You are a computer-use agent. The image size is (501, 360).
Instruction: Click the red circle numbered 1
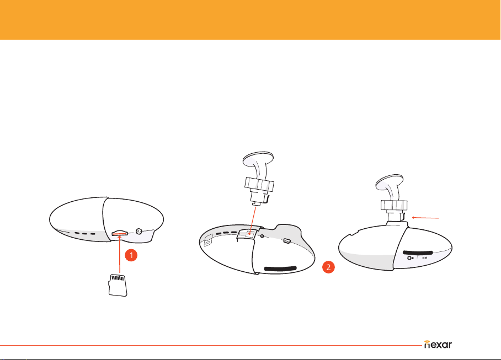131,255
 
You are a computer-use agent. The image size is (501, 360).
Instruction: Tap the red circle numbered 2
328,267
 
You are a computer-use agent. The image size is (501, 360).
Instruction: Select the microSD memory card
118,285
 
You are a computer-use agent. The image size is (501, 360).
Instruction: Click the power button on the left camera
139,231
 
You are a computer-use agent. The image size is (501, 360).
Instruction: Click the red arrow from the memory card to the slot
120,254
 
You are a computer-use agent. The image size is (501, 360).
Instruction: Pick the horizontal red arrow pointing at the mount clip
425,218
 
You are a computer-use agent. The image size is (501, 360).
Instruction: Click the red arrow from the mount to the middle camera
253,221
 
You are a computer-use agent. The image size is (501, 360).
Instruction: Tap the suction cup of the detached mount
258,159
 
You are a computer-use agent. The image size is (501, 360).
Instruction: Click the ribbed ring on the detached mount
259,184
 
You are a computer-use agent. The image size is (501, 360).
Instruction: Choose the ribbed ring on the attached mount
394,205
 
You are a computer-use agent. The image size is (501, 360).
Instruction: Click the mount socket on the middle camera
247,234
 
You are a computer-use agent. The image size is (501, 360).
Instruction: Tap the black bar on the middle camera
280,268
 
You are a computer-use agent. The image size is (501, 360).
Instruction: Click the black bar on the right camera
418,252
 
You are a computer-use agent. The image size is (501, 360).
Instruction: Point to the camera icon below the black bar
411,258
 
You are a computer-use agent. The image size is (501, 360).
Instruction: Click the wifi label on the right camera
425,258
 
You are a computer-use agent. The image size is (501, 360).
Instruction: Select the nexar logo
438,345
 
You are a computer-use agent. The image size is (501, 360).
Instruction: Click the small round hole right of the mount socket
262,236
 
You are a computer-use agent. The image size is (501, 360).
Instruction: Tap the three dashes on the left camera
85,233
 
